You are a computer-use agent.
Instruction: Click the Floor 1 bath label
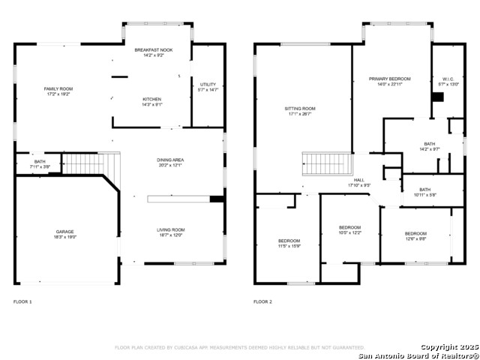[39, 163]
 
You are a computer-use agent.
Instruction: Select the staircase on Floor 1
[90, 163]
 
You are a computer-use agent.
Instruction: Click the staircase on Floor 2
[326, 163]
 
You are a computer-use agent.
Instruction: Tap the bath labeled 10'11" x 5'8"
[424, 192]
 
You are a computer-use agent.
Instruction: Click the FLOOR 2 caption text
[262, 301]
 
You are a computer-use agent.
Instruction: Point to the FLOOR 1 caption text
[22, 301]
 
